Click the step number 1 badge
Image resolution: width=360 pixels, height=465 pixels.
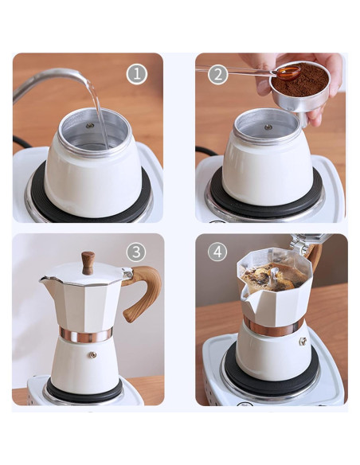coord(137,74)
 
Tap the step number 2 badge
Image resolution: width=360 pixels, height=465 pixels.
coord(217,74)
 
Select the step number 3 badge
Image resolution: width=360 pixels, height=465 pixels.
coord(136,252)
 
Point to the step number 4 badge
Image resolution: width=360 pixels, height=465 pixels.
coord(217,252)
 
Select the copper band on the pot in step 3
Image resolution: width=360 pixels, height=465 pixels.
coord(86,334)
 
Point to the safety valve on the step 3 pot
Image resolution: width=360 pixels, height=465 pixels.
coord(92,355)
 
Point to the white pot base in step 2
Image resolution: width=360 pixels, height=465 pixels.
coord(267,171)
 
